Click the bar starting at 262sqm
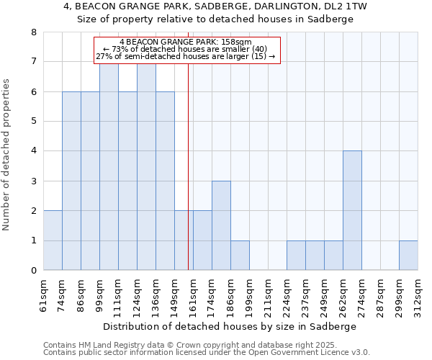click(x=352, y=210)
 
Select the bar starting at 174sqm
click(x=221, y=225)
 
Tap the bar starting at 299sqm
click(x=408, y=256)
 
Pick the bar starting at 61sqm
click(x=53, y=240)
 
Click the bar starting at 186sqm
click(x=240, y=256)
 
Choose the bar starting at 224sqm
click(x=296, y=256)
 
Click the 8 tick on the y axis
click(x=33, y=32)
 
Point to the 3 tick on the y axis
click(x=33, y=181)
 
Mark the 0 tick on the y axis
click(x=33, y=271)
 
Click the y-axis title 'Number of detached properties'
click(x=7, y=156)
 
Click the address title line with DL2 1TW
click(x=215, y=6)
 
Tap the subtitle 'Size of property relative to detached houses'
click(x=215, y=19)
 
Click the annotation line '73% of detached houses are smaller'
click(x=186, y=49)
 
